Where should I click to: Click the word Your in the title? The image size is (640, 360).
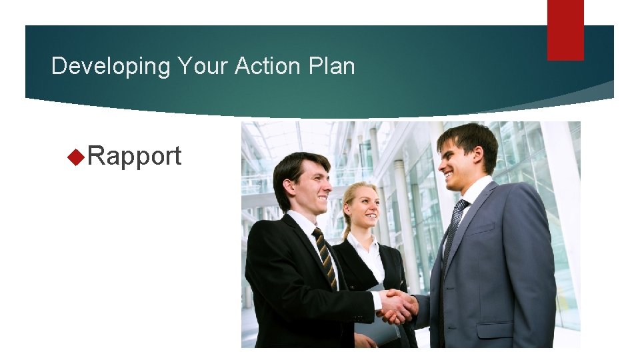coord(199,66)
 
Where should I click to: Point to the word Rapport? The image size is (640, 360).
coord(134,157)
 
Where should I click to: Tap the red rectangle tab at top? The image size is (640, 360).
coord(565,29)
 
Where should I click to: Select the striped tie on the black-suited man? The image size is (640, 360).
coord(325,256)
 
